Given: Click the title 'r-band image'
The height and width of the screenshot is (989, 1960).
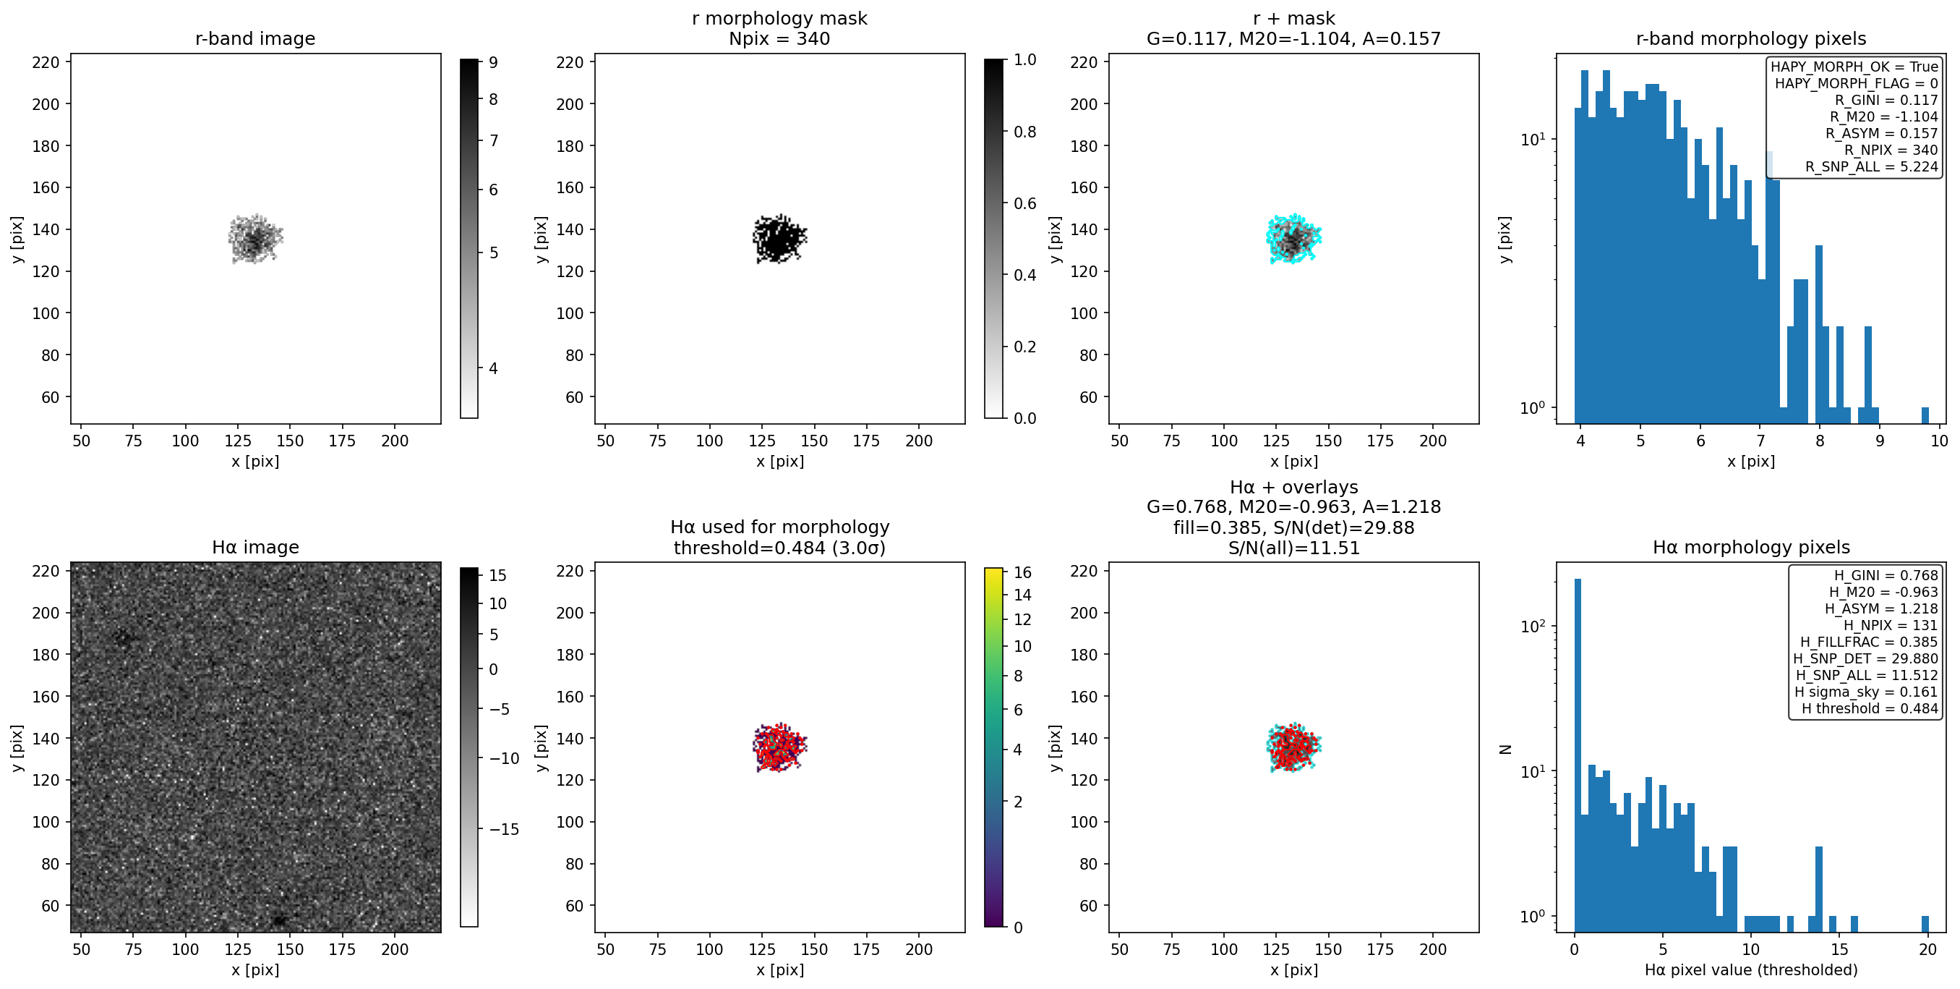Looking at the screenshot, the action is (x=255, y=39).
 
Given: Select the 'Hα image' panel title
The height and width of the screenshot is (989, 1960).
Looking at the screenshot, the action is (x=255, y=548).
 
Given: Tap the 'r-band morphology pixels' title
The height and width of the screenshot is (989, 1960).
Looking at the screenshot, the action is (x=1751, y=39).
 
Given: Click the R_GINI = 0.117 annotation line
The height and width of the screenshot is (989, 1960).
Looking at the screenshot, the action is (x=1886, y=101).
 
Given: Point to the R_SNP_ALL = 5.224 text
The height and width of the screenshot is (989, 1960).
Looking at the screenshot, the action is (x=1872, y=166).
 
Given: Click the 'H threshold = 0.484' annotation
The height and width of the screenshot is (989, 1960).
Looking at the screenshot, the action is (x=1870, y=709).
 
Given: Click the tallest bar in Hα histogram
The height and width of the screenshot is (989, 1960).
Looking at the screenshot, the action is (x=1578, y=754).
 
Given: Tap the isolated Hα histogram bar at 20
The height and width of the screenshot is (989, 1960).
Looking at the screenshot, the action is (x=1925, y=923).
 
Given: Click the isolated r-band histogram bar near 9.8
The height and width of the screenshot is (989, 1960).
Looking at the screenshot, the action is (x=1925, y=415).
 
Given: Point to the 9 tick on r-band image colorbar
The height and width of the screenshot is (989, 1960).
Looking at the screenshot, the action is (x=494, y=62).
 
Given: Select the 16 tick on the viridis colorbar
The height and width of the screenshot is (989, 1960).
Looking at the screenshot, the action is (x=1022, y=572).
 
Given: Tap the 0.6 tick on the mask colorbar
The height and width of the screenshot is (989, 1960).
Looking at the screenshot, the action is (x=1025, y=203).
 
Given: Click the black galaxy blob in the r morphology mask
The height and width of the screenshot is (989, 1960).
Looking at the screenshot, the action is (x=779, y=239).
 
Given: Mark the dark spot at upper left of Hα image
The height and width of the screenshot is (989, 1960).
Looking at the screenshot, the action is (x=123, y=638).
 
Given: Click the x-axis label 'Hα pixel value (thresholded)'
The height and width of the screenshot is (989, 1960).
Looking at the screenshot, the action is (x=1751, y=970).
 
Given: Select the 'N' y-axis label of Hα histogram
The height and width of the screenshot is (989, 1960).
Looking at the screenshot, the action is (x=1505, y=750).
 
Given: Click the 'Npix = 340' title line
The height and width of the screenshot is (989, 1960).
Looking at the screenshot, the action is (x=779, y=39).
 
